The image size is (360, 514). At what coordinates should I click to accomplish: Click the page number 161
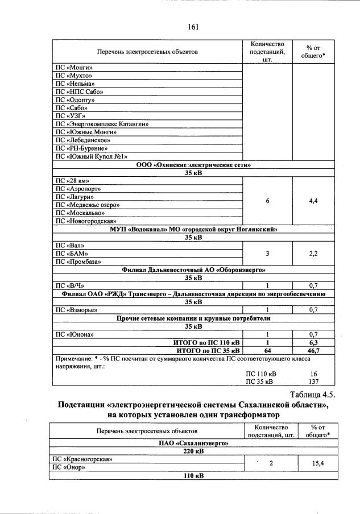(192, 26)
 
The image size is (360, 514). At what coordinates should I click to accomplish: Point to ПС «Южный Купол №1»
(91, 156)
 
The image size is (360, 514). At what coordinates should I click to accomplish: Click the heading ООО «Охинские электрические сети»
(193, 164)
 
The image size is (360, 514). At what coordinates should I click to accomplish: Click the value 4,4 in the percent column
(313, 201)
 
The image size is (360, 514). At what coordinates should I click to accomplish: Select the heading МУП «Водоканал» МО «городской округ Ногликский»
(193, 229)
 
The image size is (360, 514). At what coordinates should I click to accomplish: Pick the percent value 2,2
(313, 254)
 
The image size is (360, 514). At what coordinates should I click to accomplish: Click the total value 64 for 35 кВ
(267, 351)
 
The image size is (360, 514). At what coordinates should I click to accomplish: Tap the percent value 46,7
(313, 351)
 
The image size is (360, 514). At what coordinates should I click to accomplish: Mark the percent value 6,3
(313, 343)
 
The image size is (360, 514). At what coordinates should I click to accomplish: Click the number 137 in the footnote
(313, 382)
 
